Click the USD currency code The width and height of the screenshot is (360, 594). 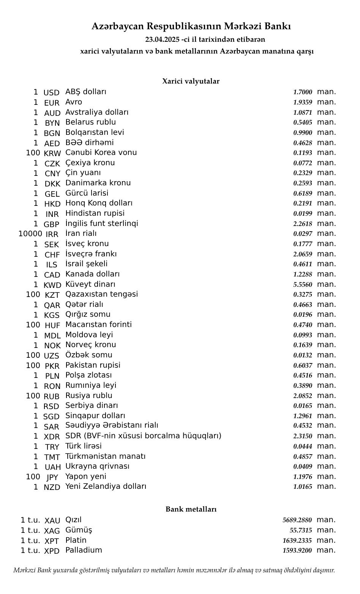coord(51,93)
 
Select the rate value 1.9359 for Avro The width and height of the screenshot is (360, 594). coord(302,102)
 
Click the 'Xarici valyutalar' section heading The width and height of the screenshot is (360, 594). coord(191,81)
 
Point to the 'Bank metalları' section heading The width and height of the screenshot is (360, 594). coord(191,509)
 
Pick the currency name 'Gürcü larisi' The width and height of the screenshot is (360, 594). coord(87,193)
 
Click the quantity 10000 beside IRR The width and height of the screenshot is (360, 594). coord(30,234)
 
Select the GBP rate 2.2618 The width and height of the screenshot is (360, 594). coord(302,224)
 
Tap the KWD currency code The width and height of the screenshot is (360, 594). coord(52,285)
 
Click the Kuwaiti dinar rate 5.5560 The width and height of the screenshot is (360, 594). coord(302,284)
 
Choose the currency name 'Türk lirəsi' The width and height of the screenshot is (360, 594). coord(84,446)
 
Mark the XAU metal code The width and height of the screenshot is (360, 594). coord(52,521)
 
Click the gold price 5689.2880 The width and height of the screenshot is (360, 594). coord(297,520)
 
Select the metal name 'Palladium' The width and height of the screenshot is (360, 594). coord(84,550)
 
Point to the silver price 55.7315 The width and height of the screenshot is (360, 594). coord(300,530)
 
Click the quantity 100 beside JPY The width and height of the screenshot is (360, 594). coord(33,477)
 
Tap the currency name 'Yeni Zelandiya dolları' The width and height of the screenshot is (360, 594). coord(106,487)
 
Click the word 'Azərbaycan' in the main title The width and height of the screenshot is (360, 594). coord(118,27)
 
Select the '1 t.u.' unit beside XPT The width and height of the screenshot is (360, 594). coord(30,540)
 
